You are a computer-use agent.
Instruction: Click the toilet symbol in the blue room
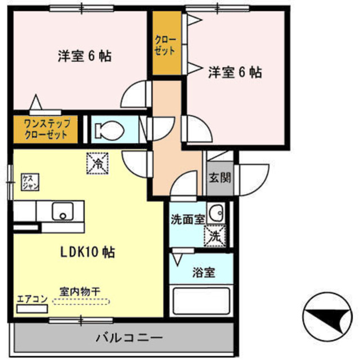[109, 130]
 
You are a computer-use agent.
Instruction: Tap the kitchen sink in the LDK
[62, 212]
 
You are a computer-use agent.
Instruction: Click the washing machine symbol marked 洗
[214, 235]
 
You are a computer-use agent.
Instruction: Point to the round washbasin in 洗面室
[215, 213]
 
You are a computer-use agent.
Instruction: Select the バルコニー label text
[128, 337]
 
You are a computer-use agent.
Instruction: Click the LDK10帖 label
[88, 253]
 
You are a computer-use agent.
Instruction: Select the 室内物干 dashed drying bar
[82, 302]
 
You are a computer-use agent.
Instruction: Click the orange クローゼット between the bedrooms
[166, 44]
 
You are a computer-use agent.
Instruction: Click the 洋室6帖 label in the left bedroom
[84, 56]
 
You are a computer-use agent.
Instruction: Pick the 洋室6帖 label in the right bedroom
[235, 72]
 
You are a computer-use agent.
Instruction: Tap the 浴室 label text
[203, 273]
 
